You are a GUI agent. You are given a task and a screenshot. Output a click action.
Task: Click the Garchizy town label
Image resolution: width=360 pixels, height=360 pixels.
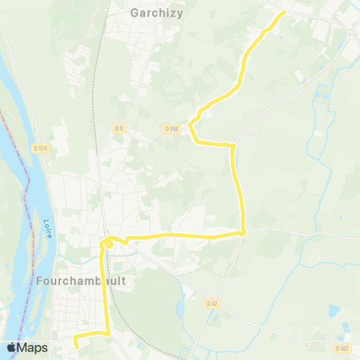point(157,13)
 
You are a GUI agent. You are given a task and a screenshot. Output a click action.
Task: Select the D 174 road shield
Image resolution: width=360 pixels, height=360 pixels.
point(40,148)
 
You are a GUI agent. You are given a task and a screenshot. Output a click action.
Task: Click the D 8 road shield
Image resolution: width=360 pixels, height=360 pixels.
point(118,128)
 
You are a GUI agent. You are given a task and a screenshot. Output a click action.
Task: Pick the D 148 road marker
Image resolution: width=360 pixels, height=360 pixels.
point(172,128)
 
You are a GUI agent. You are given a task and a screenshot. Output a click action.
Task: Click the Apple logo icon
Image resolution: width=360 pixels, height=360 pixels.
point(12,347)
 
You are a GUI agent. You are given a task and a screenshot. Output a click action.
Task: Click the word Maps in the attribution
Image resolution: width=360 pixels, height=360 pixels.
point(33,348)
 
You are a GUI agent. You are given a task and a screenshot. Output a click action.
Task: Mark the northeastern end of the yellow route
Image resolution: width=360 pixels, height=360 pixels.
point(285,13)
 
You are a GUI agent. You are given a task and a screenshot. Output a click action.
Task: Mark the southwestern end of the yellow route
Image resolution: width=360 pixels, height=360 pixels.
point(75,345)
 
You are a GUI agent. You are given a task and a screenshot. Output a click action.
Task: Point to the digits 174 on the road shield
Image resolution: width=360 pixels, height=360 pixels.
point(43,148)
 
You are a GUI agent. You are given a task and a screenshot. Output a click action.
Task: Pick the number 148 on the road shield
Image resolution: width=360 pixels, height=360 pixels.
point(174,128)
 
